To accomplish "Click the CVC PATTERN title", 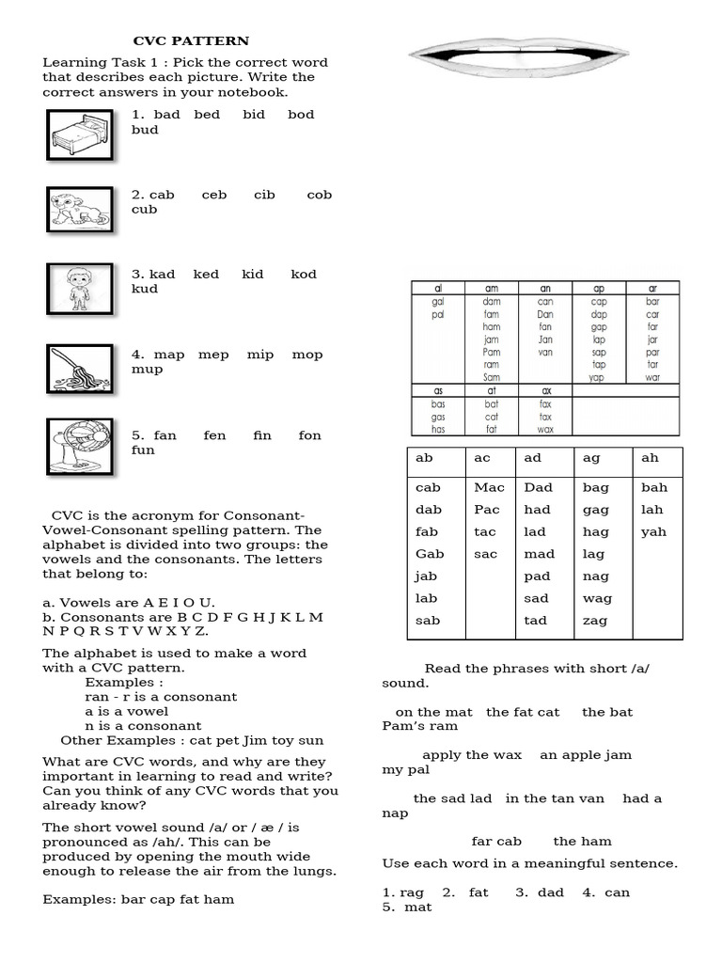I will pos(191,41).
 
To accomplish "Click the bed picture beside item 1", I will pos(80,134).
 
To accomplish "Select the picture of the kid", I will pos(80,289).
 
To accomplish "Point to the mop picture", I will pos(80,368).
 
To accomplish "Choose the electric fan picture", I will pos(80,446).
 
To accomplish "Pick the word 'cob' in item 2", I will pos(319,195).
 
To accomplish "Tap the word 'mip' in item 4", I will pos(260,355).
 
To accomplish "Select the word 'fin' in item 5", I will pos(261,435).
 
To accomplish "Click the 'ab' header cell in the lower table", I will pos(424,458).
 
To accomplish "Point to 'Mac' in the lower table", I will pos(489,487).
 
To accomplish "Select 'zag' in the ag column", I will pos(595,621).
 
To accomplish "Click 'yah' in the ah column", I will pos(653,532).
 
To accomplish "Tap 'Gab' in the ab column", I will pos(430,554).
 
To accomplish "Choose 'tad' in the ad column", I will pos(536,621).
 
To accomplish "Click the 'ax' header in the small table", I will pos(545,390).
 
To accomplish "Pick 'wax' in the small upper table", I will pos(545,429).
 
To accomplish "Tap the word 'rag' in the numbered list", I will pos(412,892).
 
